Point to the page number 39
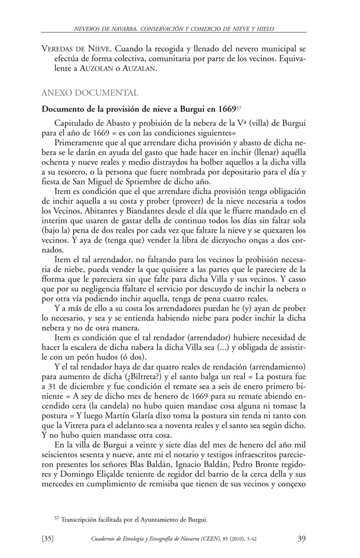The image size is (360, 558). pyautogui.click(x=301, y=538)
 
